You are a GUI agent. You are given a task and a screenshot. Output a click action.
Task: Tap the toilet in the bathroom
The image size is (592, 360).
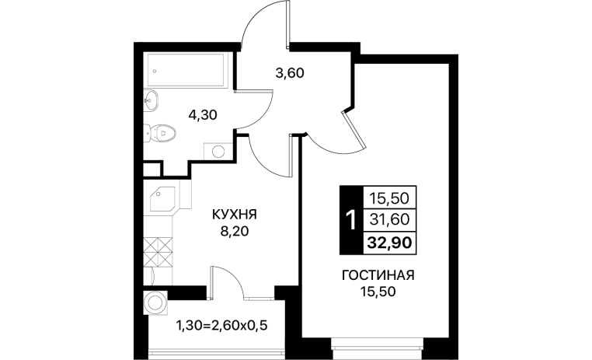[161, 133]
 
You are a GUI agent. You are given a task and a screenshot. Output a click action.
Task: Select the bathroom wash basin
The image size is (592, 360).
[151, 100]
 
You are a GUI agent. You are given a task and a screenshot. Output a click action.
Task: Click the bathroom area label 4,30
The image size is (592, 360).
[203, 114]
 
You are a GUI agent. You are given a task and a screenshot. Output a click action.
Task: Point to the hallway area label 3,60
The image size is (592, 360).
[290, 72]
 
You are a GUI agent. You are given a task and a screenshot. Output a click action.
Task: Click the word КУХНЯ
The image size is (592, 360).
[235, 215]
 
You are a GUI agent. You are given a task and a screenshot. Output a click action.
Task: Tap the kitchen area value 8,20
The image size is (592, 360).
[235, 231]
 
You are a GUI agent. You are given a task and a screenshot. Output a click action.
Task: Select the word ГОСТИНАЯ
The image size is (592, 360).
[378, 275]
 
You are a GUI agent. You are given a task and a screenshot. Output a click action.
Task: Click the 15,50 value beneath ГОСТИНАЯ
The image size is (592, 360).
[378, 292]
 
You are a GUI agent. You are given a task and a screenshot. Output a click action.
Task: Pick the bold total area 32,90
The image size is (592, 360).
[390, 243]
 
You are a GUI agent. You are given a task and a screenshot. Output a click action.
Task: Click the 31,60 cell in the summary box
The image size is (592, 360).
[390, 219]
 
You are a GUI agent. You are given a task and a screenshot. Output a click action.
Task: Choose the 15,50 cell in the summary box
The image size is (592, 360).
[390, 197]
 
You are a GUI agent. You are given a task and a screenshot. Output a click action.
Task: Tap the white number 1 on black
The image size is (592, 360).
[351, 220]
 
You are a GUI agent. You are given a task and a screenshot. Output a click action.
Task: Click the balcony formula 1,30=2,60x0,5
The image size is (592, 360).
[222, 325]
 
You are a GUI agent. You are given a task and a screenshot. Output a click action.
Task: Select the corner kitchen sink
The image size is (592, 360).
[162, 199]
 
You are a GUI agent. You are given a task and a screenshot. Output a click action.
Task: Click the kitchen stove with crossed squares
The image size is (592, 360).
[158, 251]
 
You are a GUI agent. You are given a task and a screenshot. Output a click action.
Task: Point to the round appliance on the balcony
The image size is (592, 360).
[155, 302]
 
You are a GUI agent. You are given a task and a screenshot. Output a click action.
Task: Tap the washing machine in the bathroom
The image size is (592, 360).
[218, 152]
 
